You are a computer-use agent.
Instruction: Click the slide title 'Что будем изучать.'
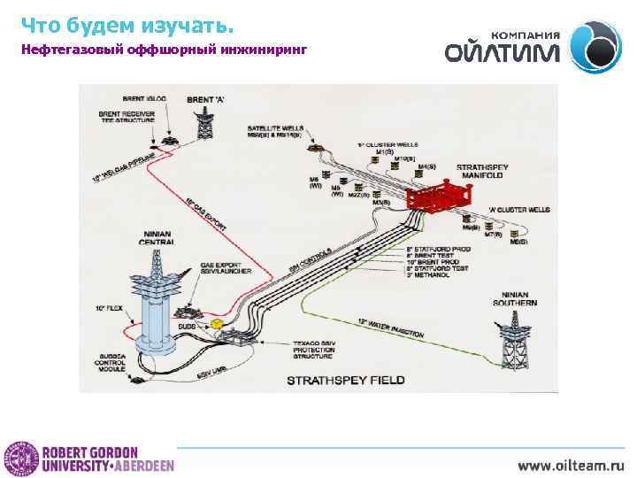point(127,23)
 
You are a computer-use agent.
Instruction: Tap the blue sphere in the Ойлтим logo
point(595,47)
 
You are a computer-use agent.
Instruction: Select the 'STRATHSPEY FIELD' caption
point(345,381)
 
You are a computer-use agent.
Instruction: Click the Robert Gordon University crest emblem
point(17,458)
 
